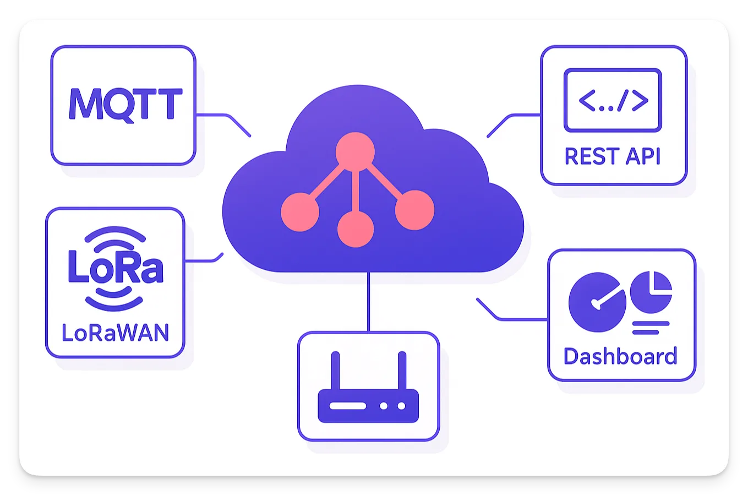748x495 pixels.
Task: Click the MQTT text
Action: (125, 104)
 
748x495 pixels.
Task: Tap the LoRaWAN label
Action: (115, 333)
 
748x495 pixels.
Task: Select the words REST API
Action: (612, 156)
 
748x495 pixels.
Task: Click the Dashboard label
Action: (620, 356)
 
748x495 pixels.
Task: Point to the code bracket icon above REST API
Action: (613, 100)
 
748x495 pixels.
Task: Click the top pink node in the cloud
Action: (355, 150)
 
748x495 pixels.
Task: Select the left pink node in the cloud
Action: (300, 211)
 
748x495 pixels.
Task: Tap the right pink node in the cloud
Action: (414, 210)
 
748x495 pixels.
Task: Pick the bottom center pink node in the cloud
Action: (356, 229)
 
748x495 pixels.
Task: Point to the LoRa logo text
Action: (116, 268)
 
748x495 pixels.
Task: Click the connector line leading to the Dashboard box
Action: (517, 319)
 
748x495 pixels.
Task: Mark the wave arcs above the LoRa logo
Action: (115, 235)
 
